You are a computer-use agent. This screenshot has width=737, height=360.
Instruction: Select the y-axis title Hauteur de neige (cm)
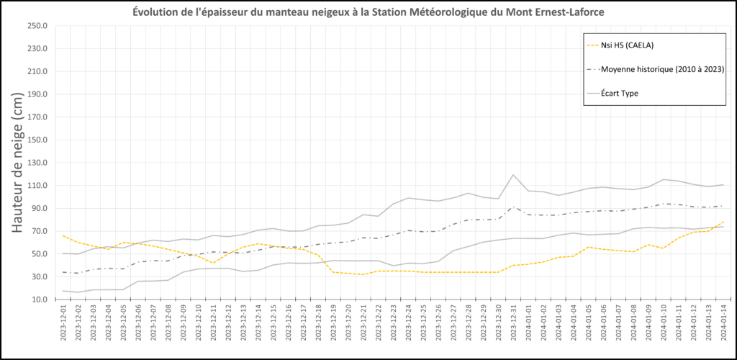tap(19, 162)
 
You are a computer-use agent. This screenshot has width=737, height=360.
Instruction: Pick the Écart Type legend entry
tap(620, 93)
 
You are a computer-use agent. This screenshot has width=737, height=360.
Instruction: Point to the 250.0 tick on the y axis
tap(37, 26)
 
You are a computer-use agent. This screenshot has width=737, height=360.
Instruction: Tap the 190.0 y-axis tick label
tap(37, 94)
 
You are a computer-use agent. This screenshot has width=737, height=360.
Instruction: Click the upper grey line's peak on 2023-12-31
tap(513, 175)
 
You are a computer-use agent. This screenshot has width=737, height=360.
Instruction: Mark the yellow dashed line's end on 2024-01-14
tap(723, 222)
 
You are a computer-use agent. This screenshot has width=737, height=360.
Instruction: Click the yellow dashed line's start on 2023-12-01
tap(63, 235)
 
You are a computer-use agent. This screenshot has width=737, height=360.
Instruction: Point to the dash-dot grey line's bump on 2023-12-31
tap(513, 207)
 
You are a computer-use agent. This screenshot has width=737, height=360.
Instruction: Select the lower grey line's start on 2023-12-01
tap(63, 291)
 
